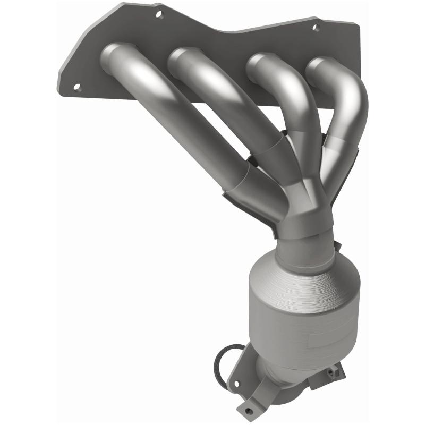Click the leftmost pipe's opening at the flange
tap(113, 53)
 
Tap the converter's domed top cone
tap(297, 276)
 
